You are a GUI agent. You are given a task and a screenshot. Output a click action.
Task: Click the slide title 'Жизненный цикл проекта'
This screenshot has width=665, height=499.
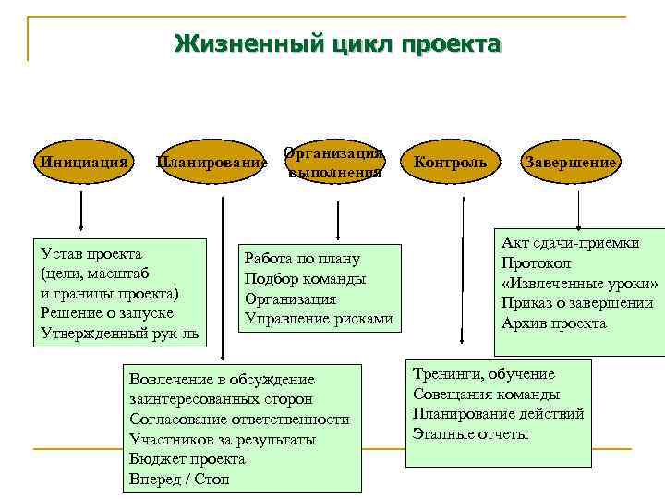click(338, 44)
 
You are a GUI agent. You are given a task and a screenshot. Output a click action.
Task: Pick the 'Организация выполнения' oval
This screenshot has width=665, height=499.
click(334, 163)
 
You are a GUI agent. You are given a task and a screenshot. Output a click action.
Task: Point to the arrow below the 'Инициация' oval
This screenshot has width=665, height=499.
click(82, 211)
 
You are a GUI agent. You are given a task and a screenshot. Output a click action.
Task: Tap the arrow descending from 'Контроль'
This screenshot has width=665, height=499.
click(461, 268)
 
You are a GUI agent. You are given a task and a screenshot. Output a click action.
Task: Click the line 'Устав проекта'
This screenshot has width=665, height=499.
click(91, 254)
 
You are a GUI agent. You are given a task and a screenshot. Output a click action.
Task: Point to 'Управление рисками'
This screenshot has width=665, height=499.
click(319, 319)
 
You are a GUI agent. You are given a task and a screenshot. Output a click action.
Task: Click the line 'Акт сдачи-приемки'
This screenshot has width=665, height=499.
click(570, 243)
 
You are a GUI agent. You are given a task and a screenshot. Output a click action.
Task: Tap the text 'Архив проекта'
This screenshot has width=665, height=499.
click(553, 323)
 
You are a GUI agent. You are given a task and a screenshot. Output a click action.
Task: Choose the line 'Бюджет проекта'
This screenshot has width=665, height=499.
click(187, 459)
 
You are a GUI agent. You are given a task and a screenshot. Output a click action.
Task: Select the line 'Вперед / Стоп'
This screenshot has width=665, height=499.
click(179, 480)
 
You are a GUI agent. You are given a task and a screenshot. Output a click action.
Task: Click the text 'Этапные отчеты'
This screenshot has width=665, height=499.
click(469, 433)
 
